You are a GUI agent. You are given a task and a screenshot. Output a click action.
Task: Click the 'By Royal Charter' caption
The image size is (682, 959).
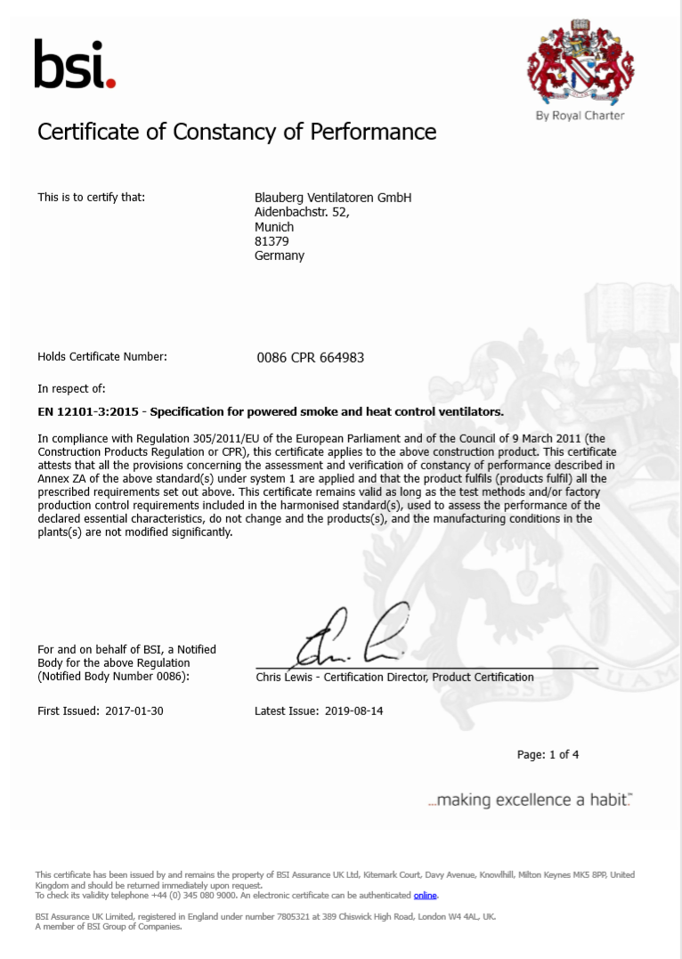(580, 116)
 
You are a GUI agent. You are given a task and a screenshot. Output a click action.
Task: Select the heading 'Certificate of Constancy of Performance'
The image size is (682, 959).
(237, 132)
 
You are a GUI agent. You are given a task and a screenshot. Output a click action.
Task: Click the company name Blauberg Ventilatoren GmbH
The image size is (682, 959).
(333, 198)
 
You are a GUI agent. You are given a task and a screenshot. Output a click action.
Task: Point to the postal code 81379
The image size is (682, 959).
(272, 241)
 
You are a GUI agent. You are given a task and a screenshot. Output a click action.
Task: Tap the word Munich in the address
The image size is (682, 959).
(274, 227)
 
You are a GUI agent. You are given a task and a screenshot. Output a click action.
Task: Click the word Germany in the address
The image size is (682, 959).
(280, 256)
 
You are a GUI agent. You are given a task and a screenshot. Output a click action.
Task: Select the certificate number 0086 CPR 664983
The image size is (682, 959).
(310, 358)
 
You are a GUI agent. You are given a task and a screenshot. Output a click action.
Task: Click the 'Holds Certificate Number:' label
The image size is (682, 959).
(102, 357)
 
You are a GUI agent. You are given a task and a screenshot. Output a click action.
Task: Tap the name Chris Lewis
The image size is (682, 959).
(286, 677)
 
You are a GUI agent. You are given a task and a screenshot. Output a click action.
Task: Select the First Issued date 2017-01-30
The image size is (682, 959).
(133, 711)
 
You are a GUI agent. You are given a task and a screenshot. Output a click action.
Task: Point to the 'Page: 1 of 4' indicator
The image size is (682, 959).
(548, 755)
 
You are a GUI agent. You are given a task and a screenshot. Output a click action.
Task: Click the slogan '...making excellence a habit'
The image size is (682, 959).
(530, 801)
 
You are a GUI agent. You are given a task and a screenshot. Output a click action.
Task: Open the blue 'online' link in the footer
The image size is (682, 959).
(425, 896)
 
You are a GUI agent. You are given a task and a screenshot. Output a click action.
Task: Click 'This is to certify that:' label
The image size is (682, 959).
(91, 198)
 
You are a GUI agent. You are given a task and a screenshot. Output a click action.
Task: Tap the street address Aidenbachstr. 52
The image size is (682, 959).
(302, 213)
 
